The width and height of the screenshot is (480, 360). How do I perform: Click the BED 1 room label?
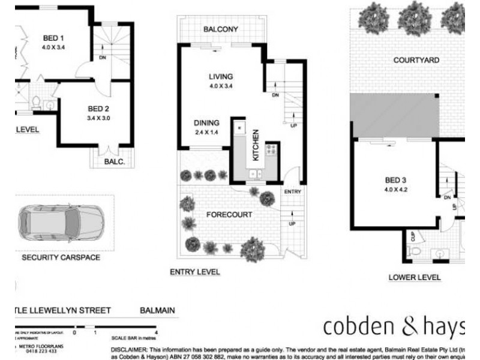(x=53, y=37)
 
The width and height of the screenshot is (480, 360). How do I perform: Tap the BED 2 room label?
(x=99, y=109)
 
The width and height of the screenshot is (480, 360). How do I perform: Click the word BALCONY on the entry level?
(x=221, y=29)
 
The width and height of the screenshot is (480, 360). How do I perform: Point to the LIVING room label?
(x=220, y=76)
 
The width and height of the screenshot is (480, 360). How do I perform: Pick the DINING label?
(x=206, y=122)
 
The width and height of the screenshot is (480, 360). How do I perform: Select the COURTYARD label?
(x=416, y=60)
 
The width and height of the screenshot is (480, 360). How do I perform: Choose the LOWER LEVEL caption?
(x=415, y=277)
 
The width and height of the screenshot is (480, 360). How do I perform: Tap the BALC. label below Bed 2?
(x=115, y=162)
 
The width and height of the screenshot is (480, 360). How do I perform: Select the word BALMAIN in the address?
(x=157, y=310)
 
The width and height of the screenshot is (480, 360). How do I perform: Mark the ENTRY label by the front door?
(x=293, y=191)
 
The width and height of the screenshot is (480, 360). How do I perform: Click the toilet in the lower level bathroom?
(x=414, y=252)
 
